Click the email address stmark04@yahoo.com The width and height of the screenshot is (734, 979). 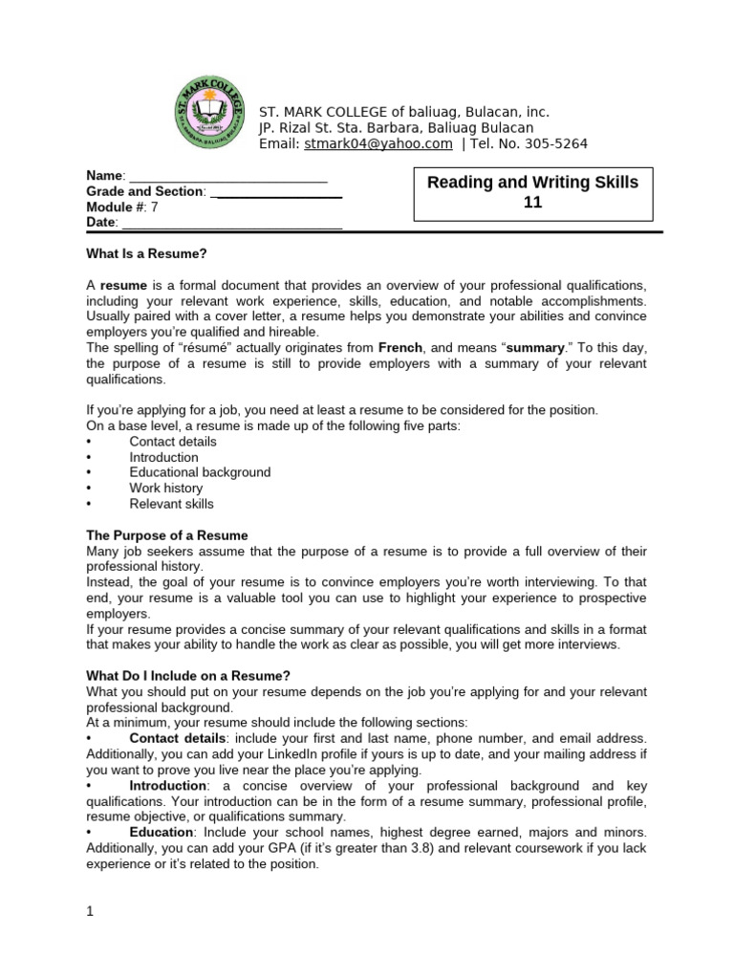tap(378, 143)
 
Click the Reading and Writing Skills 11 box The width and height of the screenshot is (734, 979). tap(531, 192)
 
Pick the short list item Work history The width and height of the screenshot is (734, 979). tap(165, 488)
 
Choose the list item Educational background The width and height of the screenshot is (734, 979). tap(200, 472)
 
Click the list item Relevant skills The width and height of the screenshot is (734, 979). tap(171, 504)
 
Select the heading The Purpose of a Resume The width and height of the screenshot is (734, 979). tap(166, 535)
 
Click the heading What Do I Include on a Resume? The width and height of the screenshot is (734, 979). tap(186, 676)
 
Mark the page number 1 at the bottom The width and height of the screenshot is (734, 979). tap(90, 912)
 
